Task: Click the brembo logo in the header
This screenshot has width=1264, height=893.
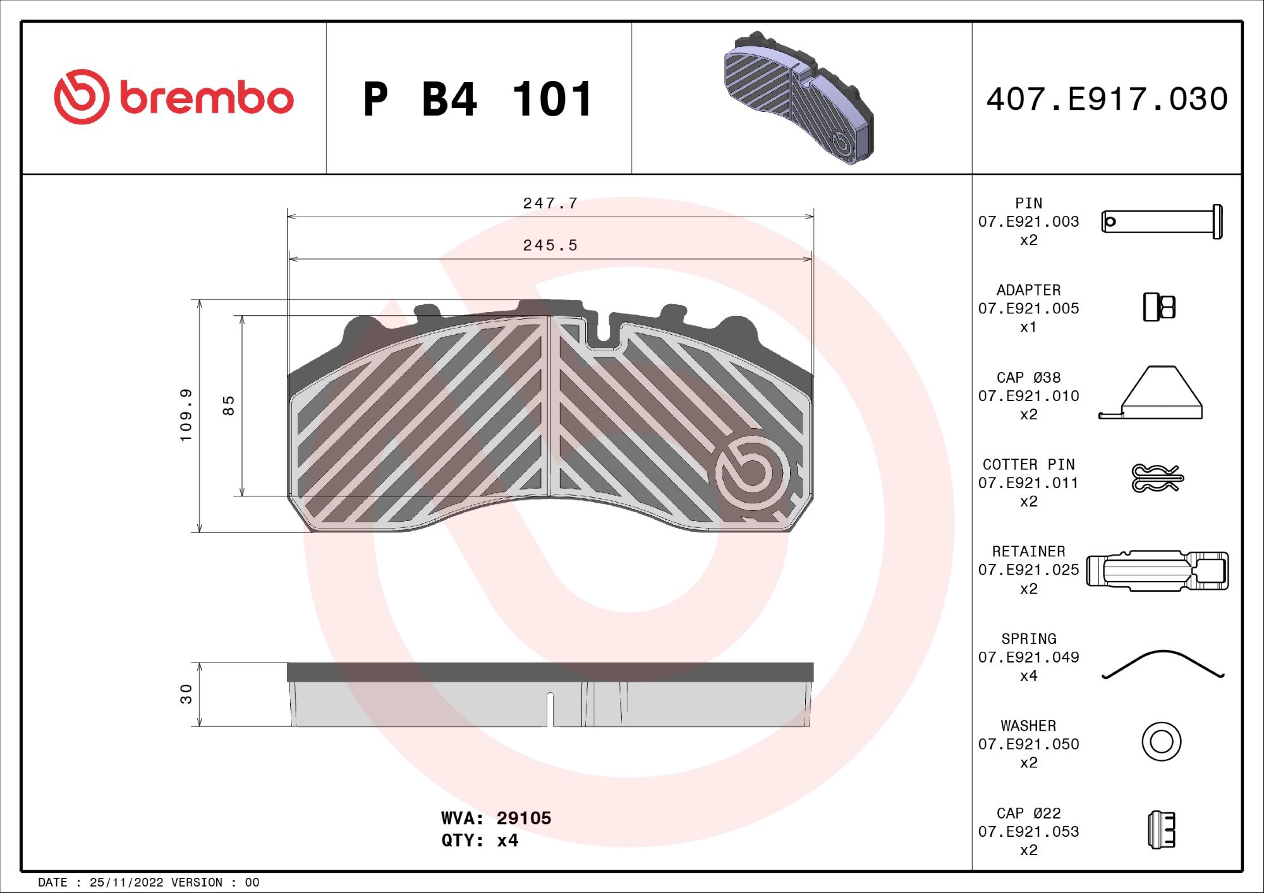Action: pyautogui.click(x=174, y=97)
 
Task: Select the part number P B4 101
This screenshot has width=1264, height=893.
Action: pyautogui.click(x=478, y=100)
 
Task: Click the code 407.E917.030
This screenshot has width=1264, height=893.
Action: pyautogui.click(x=1107, y=99)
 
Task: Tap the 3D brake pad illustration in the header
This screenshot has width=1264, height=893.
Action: pyautogui.click(x=799, y=98)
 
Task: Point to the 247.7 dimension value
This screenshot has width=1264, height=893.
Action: pyautogui.click(x=550, y=203)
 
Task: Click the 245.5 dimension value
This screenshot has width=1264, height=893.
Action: pyautogui.click(x=550, y=245)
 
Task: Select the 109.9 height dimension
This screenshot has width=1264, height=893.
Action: pyautogui.click(x=186, y=415)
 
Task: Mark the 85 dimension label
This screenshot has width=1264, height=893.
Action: pyautogui.click(x=229, y=405)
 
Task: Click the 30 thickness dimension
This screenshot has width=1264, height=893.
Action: pyautogui.click(x=186, y=693)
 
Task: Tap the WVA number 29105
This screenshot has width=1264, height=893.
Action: pyautogui.click(x=523, y=818)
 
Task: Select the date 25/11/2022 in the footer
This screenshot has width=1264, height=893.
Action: pyautogui.click(x=126, y=882)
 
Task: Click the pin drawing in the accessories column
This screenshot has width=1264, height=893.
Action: pyautogui.click(x=1162, y=222)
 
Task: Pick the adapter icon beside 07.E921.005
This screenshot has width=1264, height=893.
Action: pyautogui.click(x=1159, y=308)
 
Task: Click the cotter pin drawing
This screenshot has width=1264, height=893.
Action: pyautogui.click(x=1157, y=478)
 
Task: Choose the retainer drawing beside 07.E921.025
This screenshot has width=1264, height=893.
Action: pyautogui.click(x=1157, y=570)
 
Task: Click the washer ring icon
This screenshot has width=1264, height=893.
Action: pyautogui.click(x=1161, y=741)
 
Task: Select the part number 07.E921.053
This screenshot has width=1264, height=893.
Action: pyautogui.click(x=1028, y=832)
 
